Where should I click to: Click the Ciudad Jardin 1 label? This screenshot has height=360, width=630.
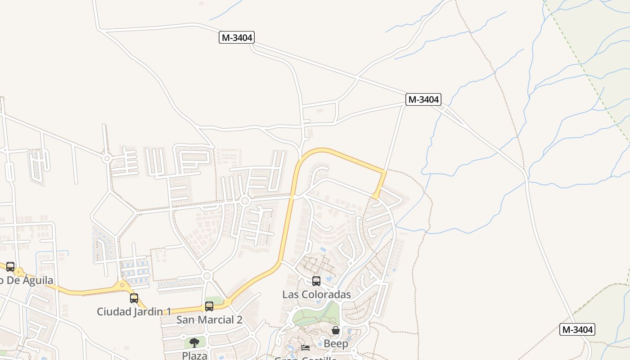[134, 311]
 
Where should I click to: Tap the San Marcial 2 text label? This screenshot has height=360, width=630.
[209, 319]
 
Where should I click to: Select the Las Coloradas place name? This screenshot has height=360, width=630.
[316, 294]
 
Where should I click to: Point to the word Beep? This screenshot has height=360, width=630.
[336, 343]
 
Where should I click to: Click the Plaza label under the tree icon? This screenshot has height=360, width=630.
[194, 355]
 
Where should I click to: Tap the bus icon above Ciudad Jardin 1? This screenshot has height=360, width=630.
[134, 298]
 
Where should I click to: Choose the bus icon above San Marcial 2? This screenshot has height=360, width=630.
[209, 306]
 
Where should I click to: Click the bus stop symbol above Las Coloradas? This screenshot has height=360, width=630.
[316, 281]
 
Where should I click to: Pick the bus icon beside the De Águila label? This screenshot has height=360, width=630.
[10, 266]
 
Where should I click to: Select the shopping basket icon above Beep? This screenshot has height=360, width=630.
[336, 331]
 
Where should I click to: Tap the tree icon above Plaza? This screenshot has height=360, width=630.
[194, 343]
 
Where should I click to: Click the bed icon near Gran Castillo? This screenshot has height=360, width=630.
[306, 347]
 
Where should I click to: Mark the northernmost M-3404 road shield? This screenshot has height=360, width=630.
[237, 37]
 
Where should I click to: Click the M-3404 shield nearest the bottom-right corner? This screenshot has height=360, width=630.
[577, 329]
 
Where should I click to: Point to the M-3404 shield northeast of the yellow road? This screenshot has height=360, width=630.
[423, 99]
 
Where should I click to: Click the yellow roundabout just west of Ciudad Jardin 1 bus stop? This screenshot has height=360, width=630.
[122, 285]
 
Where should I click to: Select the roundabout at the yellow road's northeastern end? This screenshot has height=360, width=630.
[376, 196]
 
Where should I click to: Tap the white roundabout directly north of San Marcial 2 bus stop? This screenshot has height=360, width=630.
[207, 275]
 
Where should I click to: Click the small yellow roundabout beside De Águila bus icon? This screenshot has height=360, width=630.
[19, 272]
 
